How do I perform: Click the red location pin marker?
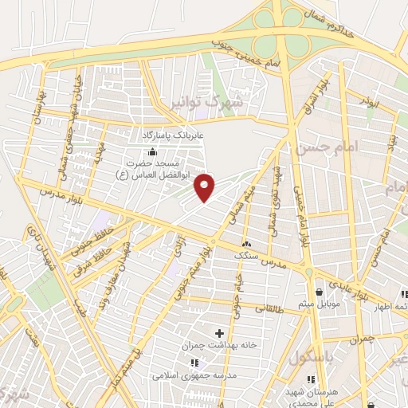pos(206,186)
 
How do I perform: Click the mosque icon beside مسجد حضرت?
pos(152,152)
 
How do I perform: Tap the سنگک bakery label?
pos(246,257)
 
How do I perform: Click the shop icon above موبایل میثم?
pos(320,292)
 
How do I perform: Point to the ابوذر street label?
pos(366,103)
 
